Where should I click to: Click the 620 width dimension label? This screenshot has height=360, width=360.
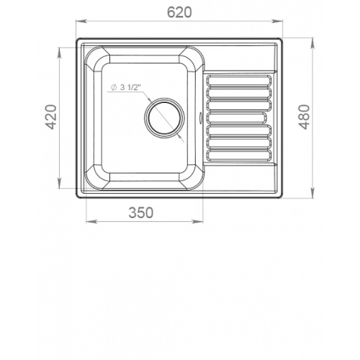point(179,12)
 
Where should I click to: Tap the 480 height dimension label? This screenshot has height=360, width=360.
point(305,117)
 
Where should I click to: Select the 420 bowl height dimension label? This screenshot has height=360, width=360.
point(51,117)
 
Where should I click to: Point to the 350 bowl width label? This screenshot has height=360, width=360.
point(141,212)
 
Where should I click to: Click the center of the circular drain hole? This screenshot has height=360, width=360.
point(164,118)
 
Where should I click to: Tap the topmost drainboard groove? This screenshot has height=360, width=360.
point(239,80)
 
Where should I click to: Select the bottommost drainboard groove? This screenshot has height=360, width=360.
point(239,156)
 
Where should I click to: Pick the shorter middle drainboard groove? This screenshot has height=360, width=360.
point(237,118)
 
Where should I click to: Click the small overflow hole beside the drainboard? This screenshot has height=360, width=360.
point(200,117)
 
